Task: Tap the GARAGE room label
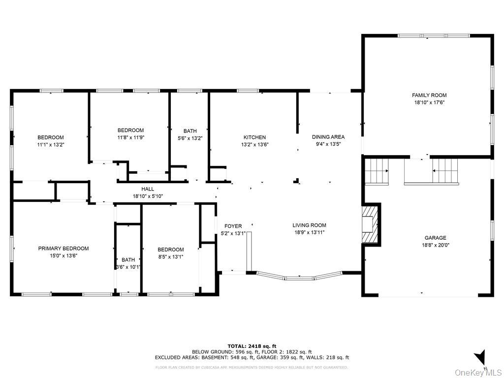pyautogui.click(x=436, y=238)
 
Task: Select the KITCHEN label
pyautogui.click(x=254, y=137)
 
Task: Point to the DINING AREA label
pyautogui.click(x=328, y=137)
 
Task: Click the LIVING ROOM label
pyautogui.click(x=309, y=225)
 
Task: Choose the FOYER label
pyautogui.click(x=233, y=226)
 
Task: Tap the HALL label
pyautogui.click(x=148, y=189)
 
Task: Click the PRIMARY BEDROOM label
pyautogui.click(x=63, y=249)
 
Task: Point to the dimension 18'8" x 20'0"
pyautogui.click(x=436, y=245)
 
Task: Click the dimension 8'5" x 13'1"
pyautogui.click(x=170, y=257)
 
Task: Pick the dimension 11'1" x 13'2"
pyautogui.click(x=51, y=145)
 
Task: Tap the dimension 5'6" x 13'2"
pyautogui.click(x=190, y=138)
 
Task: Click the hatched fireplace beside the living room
pyautogui.click(x=369, y=224)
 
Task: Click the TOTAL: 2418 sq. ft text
pyautogui.click(x=252, y=346)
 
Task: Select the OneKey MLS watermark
pyautogui.click(x=478, y=372)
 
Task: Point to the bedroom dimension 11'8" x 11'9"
pyautogui.click(x=130, y=138)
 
